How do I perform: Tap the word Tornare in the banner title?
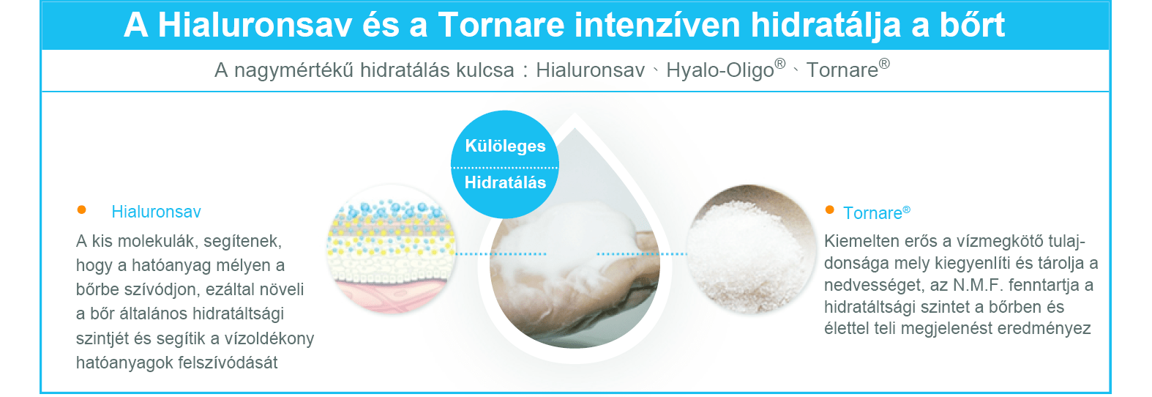pyautogui.click(x=501, y=24)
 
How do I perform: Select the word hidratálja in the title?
pyautogui.click(x=826, y=26)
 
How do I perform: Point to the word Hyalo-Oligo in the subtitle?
pyautogui.click(x=720, y=70)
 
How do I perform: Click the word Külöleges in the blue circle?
pyautogui.click(x=505, y=146)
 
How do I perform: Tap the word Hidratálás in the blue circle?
pyautogui.click(x=505, y=182)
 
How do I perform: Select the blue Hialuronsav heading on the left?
pyautogui.click(x=156, y=212)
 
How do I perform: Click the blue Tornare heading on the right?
pyautogui.click(x=872, y=213)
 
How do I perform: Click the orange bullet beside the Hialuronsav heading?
pyautogui.click(x=81, y=209)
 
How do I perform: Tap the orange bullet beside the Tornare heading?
pyautogui.click(x=829, y=209)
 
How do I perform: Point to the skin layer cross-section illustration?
pyautogui.click(x=391, y=249)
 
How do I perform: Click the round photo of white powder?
pyautogui.click(x=751, y=249)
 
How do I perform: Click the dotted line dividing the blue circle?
pyautogui.click(x=504, y=167)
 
